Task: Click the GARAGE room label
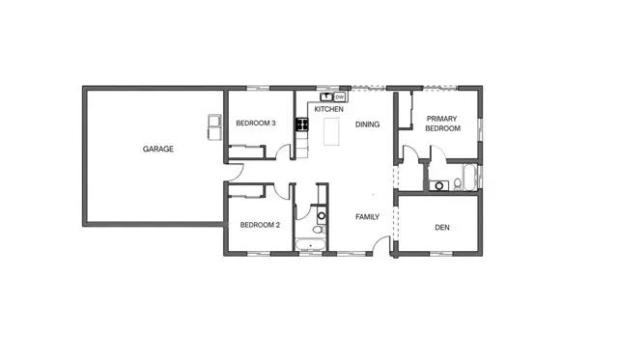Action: [x=158, y=150]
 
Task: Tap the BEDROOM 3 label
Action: [x=256, y=123]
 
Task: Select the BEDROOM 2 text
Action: [x=259, y=225]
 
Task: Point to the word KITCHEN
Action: [x=328, y=109]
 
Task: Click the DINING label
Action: [x=367, y=125]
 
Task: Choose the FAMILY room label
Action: [x=367, y=216]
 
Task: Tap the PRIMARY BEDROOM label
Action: [x=442, y=124]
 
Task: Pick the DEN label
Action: [x=441, y=228]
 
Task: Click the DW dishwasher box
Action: [x=341, y=97]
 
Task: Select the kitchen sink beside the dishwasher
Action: [x=326, y=97]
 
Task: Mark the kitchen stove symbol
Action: [x=301, y=124]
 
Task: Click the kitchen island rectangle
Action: [x=332, y=131]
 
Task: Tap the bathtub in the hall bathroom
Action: [x=311, y=244]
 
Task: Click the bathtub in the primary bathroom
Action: [x=470, y=178]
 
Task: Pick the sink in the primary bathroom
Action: [x=439, y=185]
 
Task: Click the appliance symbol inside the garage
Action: [x=212, y=125]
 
